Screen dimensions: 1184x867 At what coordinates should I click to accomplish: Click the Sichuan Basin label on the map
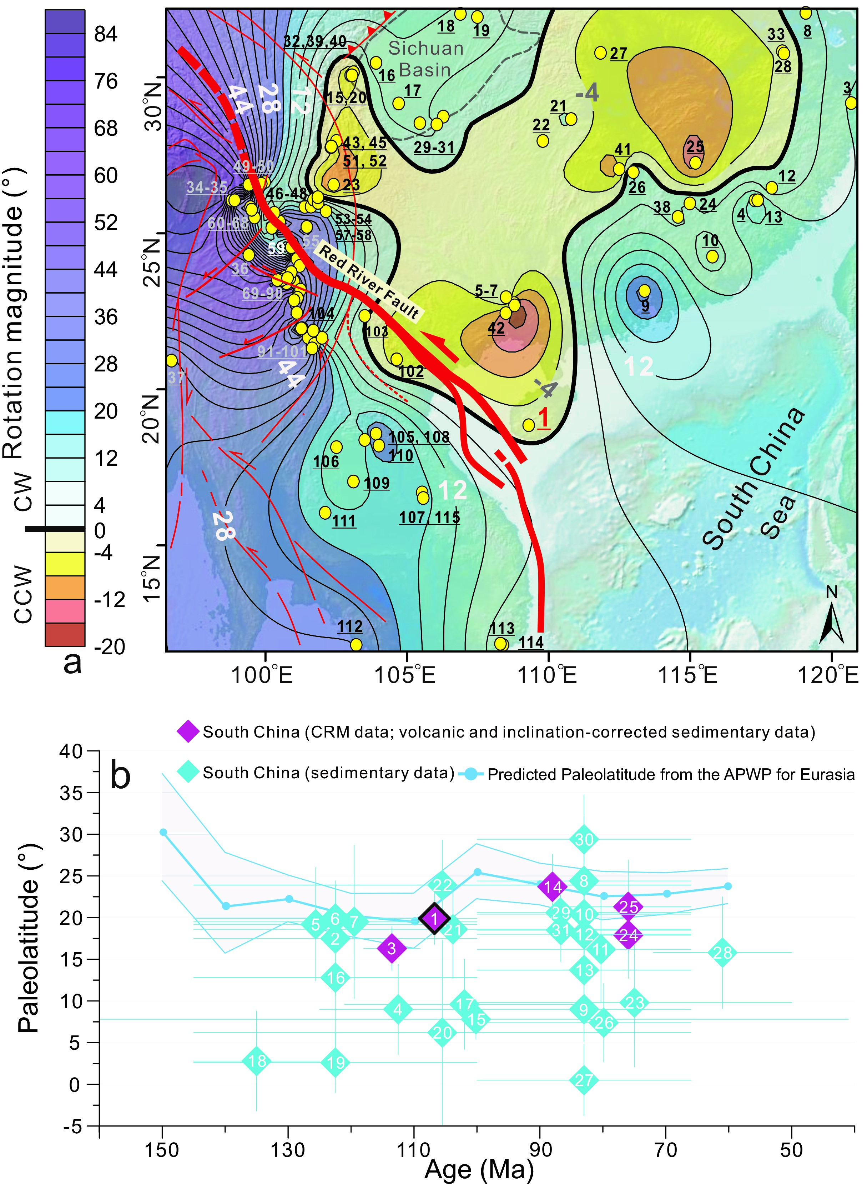425,59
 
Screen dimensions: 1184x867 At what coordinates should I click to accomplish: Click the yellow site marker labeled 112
356,644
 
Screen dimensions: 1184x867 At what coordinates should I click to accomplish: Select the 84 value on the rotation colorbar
106,34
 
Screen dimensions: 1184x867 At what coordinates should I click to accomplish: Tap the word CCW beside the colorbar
24,594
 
